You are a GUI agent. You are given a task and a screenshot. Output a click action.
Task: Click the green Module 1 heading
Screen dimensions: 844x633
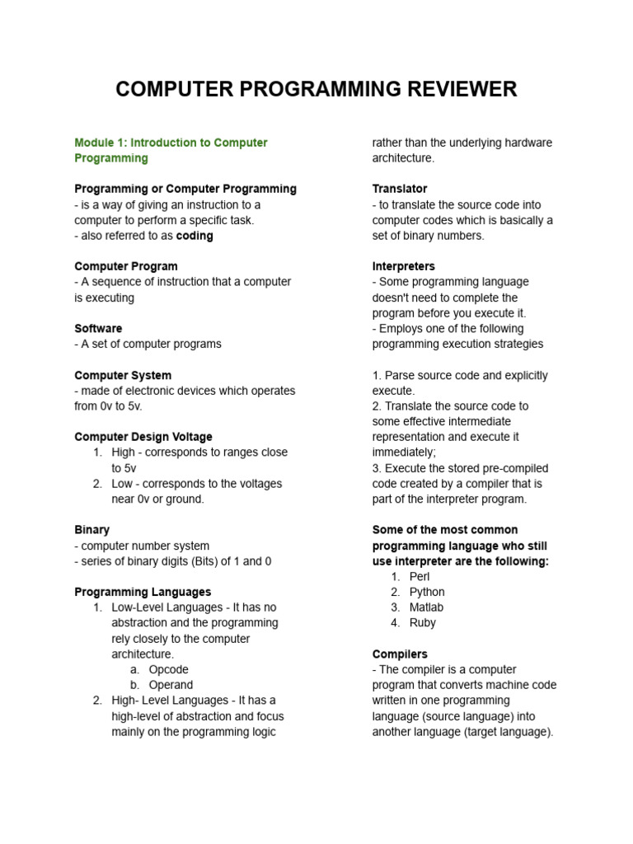(x=171, y=150)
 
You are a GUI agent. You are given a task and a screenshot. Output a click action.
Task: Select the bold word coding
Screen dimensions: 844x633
(x=195, y=236)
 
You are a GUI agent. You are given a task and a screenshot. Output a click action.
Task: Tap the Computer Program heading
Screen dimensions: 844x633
(x=125, y=266)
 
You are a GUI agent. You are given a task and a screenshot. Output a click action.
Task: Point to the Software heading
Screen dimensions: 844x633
(x=98, y=328)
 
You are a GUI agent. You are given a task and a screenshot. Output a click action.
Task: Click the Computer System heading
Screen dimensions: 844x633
(x=123, y=375)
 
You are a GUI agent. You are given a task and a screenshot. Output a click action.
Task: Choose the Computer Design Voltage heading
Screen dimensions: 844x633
(x=143, y=437)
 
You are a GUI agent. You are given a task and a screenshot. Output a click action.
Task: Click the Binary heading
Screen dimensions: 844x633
(x=91, y=530)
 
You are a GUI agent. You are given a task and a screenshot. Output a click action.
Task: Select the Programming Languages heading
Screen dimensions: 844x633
(x=143, y=592)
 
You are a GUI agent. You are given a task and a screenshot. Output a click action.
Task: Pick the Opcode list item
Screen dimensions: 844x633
(x=168, y=669)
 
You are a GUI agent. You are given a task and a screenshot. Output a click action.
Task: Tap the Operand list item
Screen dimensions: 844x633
(x=171, y=685)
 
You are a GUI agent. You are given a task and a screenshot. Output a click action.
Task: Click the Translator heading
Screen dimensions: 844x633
(x=400, y=189)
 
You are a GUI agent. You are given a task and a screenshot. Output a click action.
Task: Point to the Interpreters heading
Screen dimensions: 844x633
(x=404, y=266)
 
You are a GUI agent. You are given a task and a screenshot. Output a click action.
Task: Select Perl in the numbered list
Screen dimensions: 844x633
(x=420, y=576)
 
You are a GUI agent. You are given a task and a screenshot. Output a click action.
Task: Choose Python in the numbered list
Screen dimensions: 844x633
(x=427, y=592)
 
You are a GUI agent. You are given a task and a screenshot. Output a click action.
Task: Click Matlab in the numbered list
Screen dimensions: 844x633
(x=426, y=607)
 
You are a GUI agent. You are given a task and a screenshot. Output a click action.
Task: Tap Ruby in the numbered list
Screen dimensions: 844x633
(x=422, y=623)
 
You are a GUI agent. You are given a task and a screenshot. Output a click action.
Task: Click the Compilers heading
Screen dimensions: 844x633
(x=400, y=654)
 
